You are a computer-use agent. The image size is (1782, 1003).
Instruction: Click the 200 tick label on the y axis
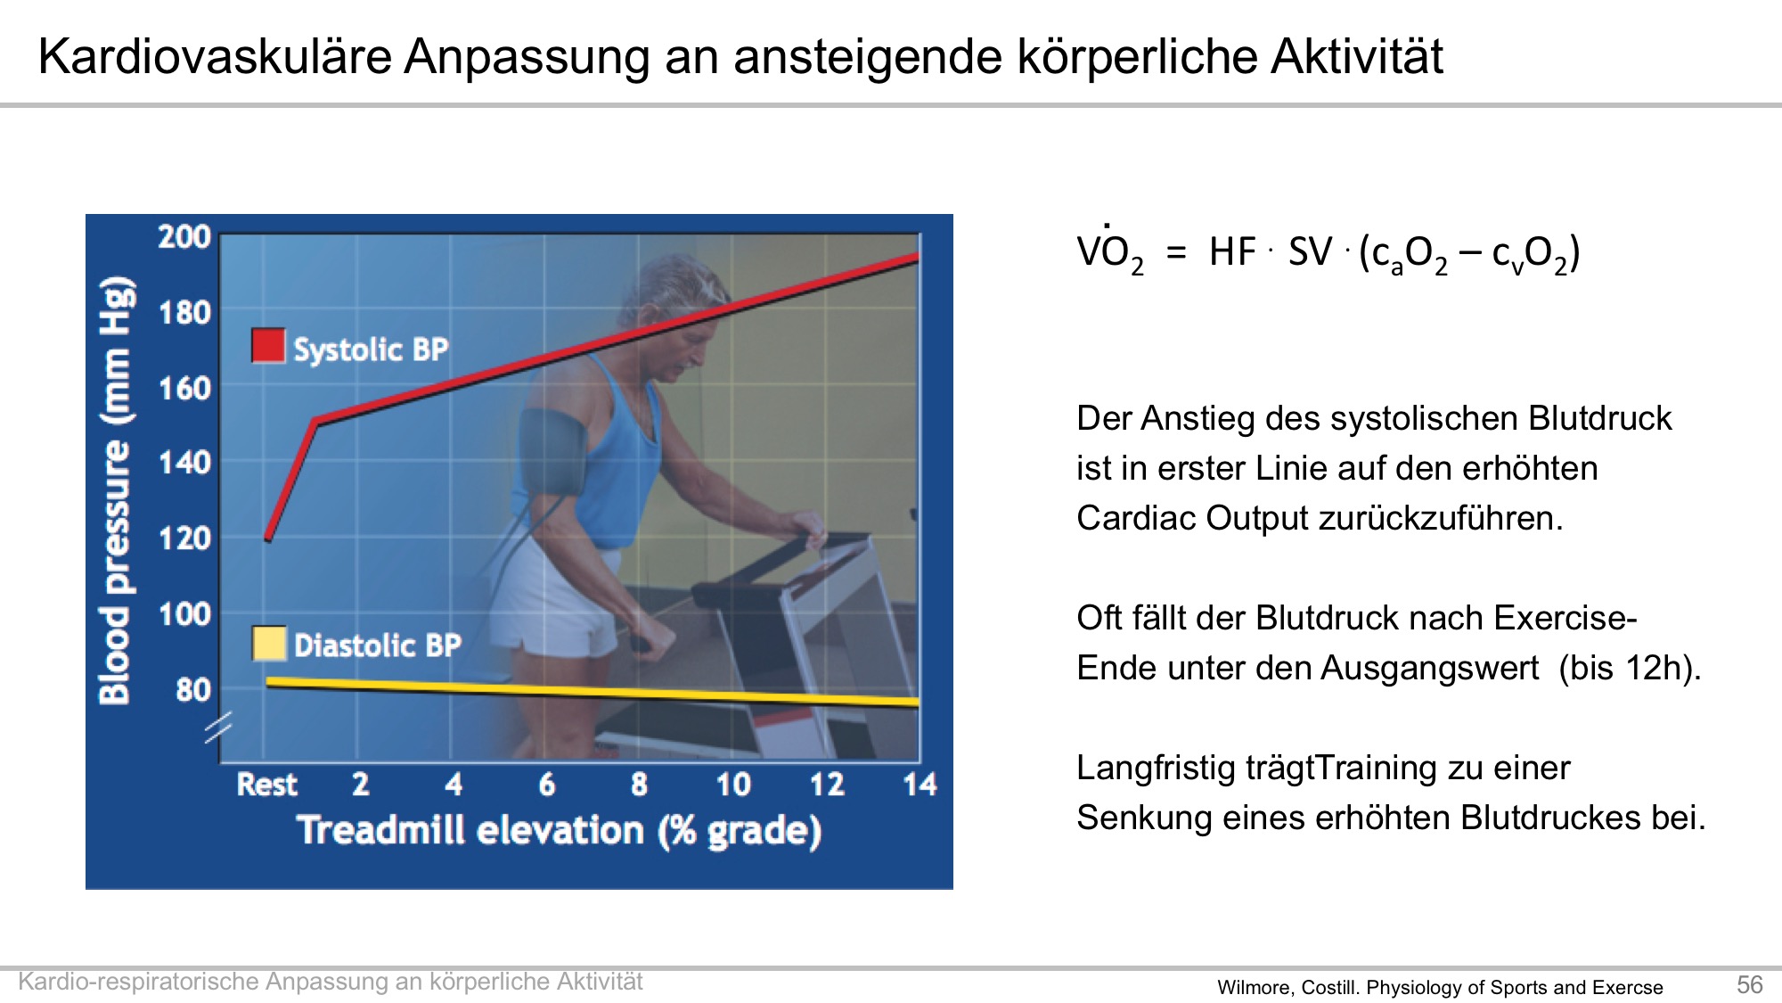[x=184, y=237]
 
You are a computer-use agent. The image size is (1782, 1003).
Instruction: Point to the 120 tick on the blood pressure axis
[x=184, y=538]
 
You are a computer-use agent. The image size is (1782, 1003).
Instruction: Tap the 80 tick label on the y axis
[x=193, y=690]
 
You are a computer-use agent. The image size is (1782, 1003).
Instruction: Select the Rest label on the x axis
[x=266, y=785]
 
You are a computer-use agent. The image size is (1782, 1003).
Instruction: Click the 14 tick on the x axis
[x=920, y=785]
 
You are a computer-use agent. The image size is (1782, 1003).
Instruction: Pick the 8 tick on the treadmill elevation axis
[x=639, y=785]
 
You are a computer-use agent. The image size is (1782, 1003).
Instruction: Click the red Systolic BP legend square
[x=268, y=346]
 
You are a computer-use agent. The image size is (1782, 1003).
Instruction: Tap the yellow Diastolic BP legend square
[x=269, y=643]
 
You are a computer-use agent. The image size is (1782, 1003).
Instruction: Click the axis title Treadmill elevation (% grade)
[x=560, y=831]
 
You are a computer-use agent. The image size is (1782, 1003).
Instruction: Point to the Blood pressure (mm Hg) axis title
[x=117, y=490]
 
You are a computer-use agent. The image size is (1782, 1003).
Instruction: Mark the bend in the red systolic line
[x=315, y=421]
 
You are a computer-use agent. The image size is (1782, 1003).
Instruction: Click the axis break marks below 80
[x=218, y=728]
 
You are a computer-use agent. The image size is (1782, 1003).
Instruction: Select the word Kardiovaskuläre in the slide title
[x=215, y=56]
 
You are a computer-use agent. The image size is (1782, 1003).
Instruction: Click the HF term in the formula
[x=1232, y=252]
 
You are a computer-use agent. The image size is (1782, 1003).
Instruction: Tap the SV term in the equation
[x=1310, y=252]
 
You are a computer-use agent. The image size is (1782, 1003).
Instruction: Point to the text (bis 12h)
[x=1630, y=668]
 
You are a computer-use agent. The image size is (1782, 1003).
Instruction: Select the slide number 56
[x=1749, y=984]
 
